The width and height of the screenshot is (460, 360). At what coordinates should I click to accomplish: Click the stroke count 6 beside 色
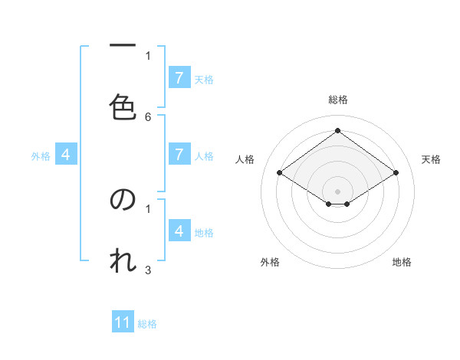click(148, 117)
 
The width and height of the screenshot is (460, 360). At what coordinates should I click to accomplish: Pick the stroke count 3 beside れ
click(148, 270)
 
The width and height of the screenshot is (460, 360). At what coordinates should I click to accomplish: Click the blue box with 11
click(123, 322)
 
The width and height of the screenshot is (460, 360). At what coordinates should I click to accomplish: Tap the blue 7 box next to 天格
click(179, 78)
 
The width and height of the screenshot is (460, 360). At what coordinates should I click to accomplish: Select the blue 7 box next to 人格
click(179, 155)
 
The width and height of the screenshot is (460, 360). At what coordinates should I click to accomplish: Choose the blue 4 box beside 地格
click(179, 231)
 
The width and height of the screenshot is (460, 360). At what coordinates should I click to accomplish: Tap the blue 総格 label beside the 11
click(148, 324)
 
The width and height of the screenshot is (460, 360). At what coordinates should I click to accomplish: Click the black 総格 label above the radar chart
click(338, 100)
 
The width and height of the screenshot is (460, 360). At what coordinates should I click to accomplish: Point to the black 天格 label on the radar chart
click(432, 159)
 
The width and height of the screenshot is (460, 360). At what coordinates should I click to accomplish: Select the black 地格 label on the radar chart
click(402, 262)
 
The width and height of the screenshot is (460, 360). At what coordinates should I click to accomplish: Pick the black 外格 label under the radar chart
click(270, 262)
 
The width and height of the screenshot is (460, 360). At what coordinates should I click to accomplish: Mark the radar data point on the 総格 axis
click(337, 130)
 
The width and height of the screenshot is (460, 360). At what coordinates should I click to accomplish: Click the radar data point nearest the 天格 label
click(396, 173)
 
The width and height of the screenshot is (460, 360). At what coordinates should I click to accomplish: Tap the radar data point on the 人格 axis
click(280, 173)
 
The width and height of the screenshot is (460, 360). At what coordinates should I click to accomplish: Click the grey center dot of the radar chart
click(337, 191)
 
